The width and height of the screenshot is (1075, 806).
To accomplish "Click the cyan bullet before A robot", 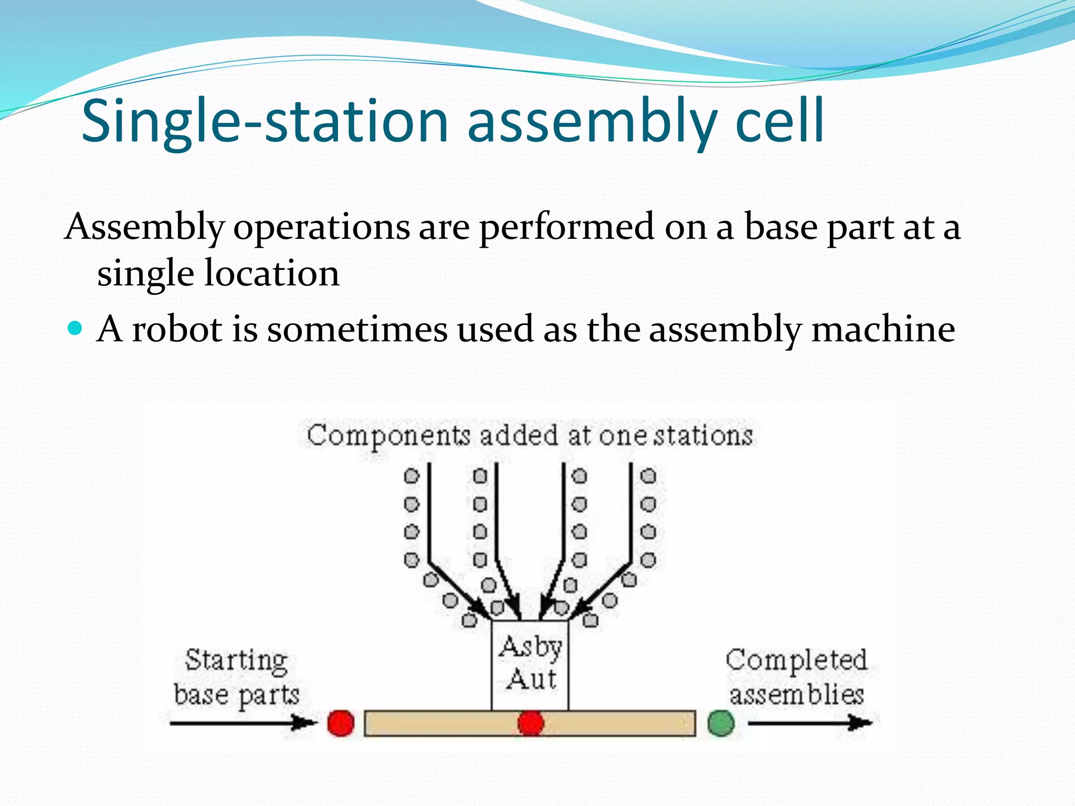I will pos(76,328).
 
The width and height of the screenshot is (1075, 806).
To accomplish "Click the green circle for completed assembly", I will pos(721,724).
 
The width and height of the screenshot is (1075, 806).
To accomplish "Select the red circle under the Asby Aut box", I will pos(530,724).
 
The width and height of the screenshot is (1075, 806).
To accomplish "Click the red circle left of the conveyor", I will pos(341,724).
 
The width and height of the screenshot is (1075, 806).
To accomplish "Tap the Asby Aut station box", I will pos(530,664).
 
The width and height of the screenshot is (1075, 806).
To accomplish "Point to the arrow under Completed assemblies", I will pos(809,724).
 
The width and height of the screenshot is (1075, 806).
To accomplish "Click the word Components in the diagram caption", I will pos(389,436).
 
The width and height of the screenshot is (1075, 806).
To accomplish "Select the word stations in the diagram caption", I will pos(703,436).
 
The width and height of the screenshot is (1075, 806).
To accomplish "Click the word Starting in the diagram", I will pos(236,661).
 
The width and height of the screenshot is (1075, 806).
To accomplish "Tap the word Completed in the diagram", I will pos(796,661).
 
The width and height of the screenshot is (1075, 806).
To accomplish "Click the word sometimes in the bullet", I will pos(357,330).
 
